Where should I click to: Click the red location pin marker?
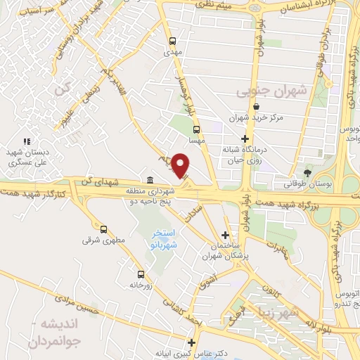click(x=181, y=165)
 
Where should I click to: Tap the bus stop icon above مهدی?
click(x=173, y=40)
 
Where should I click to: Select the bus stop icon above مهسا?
click(x=196, y=129)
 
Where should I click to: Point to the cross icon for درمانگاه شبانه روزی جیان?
click(x=245, y=139)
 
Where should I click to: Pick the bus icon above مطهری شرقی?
click(x=104, y=229)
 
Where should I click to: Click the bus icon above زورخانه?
click(x=141, y=274)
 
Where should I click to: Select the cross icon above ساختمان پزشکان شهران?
click(x=225, y=235)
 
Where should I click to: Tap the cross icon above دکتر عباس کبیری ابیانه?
click(x=191, y=342)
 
